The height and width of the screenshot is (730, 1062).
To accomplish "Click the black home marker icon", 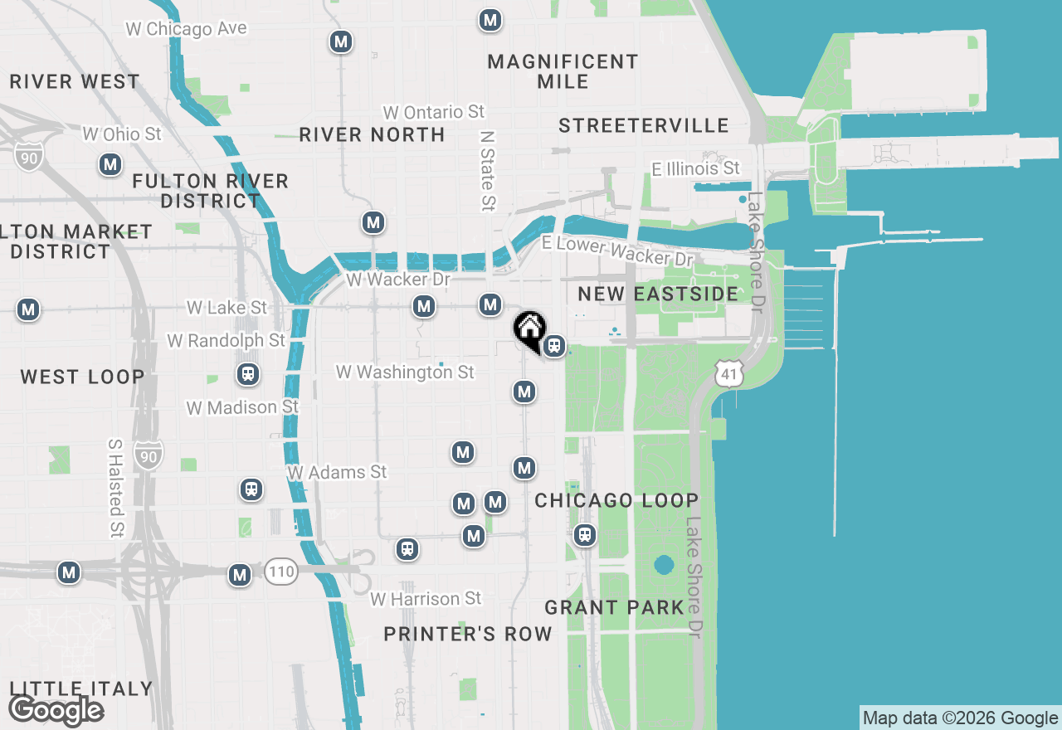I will coord(529,328).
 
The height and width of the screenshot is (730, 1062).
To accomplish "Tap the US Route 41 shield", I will coord(728,374).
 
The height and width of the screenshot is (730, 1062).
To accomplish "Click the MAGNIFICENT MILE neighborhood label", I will coord(563,71).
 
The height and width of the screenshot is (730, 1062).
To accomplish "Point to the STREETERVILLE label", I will coord(643,125).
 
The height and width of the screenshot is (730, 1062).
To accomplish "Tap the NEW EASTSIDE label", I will coord(658,294).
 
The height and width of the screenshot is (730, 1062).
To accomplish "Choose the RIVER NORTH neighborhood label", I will coord(372,134).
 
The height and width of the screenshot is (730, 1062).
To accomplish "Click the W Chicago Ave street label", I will coord(186,29).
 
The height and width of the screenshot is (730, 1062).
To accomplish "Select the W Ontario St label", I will coord(433,112).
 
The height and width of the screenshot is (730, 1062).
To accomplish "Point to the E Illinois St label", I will coord(695,169).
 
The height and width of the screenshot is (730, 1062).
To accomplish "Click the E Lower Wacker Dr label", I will coord(616,251).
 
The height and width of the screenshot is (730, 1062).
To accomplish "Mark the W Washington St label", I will coord(405,372).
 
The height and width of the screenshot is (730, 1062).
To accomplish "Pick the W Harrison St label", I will coord(425,599).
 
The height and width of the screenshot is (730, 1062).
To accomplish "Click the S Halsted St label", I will coord(115,487).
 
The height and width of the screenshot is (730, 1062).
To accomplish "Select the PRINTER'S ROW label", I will coord(467,634).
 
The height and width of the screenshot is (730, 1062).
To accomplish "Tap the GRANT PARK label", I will coord(614,607).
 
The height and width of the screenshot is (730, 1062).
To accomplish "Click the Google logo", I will coord(56,710).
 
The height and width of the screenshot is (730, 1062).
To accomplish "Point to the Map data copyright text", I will coord(960,718).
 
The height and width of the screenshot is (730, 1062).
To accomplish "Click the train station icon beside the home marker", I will coord(554,346).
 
